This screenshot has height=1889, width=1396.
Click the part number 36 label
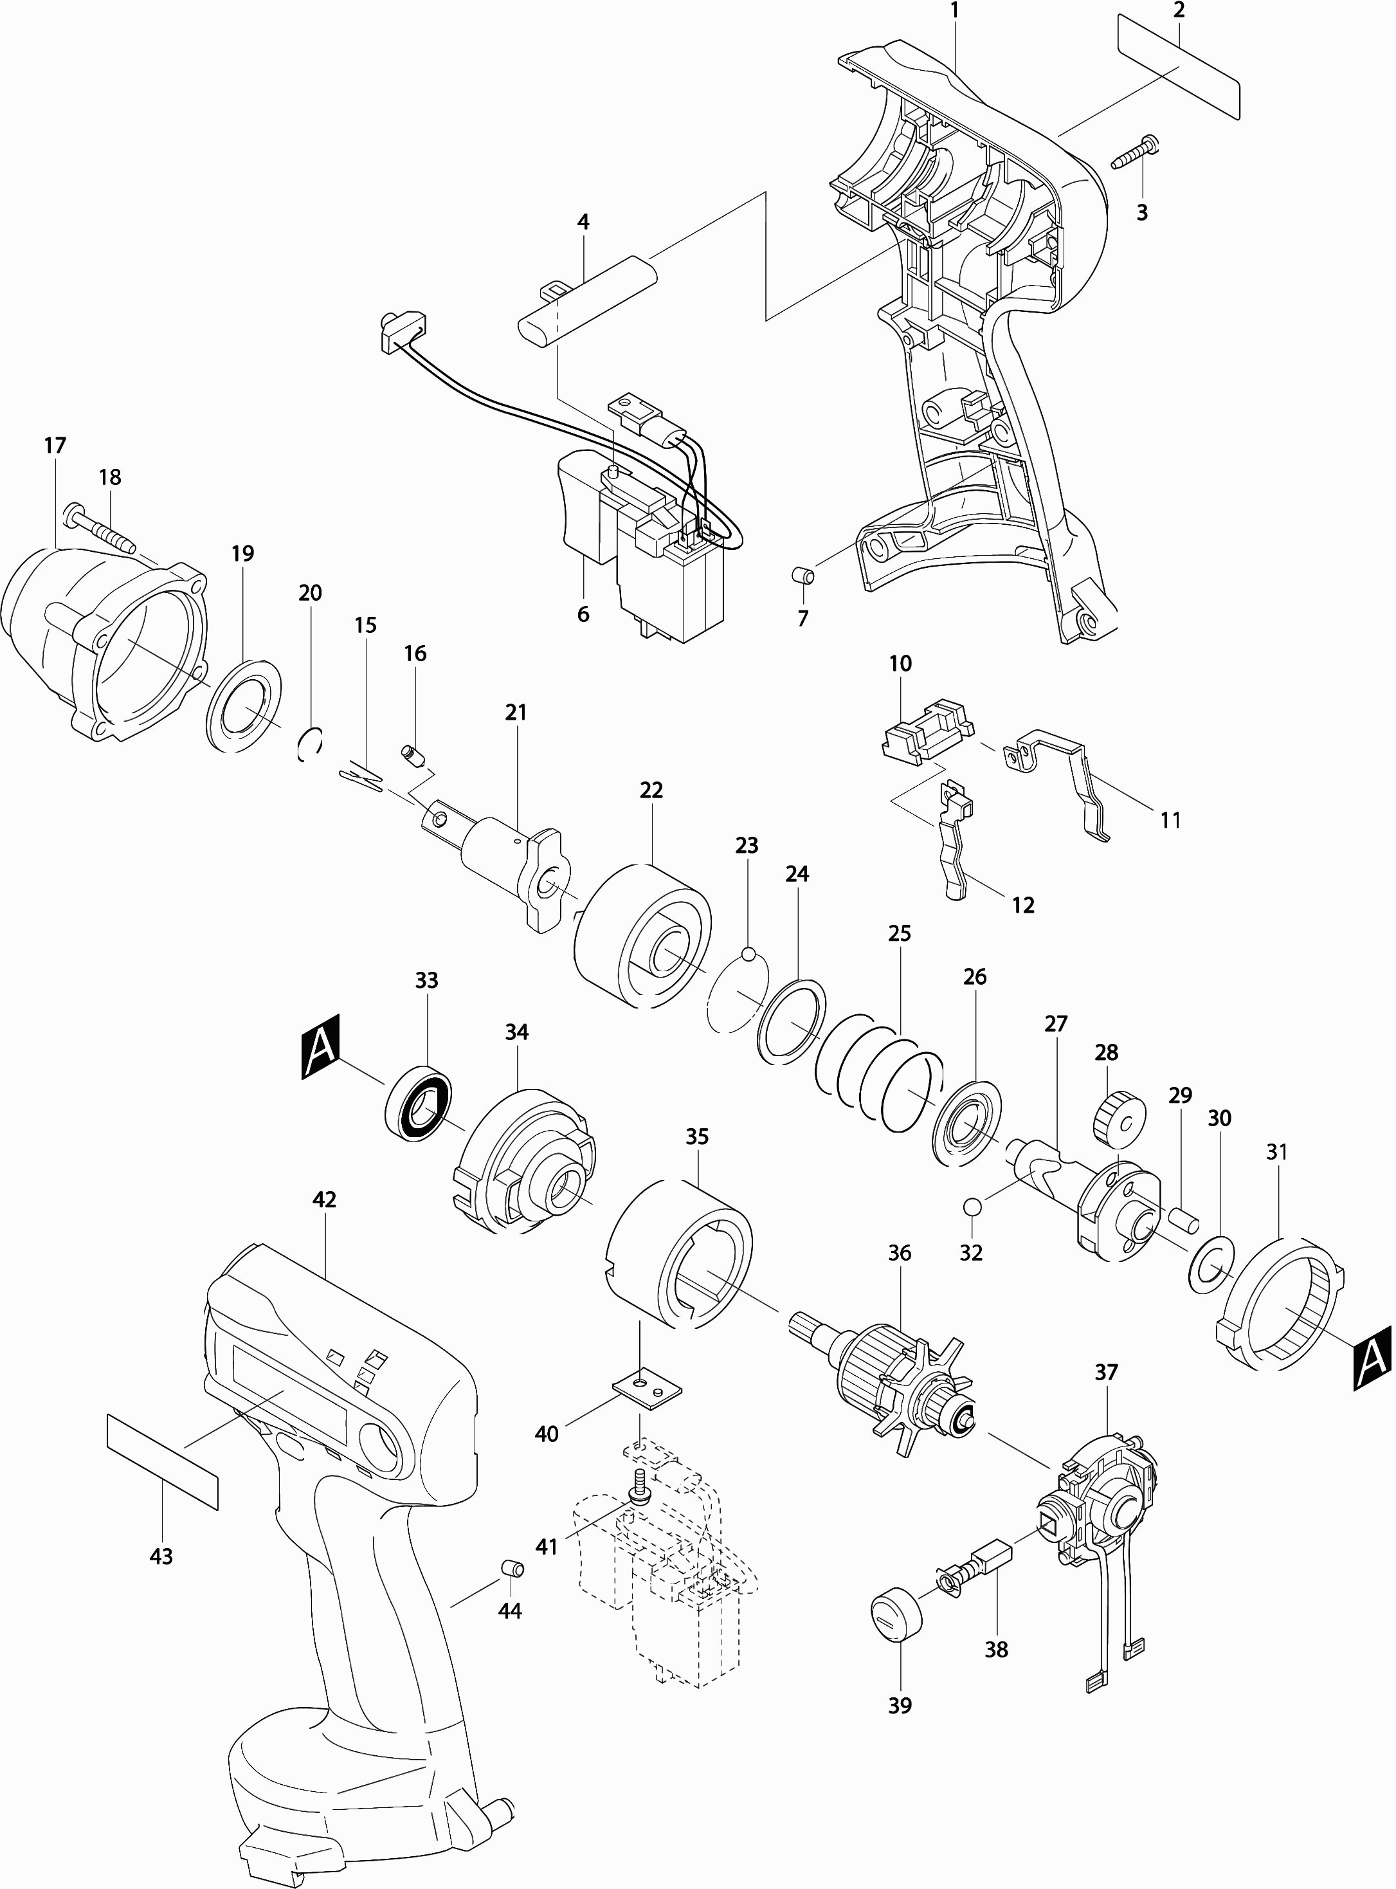tap(900, 1252)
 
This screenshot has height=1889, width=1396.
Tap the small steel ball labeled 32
tap(971, 1206)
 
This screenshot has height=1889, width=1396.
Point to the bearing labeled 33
tap(419, 1105)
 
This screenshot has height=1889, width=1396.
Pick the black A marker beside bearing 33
tap(320, 1046)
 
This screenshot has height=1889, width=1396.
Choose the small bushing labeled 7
tap(804, 578)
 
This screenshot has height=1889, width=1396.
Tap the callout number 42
tap(325, 1200)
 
